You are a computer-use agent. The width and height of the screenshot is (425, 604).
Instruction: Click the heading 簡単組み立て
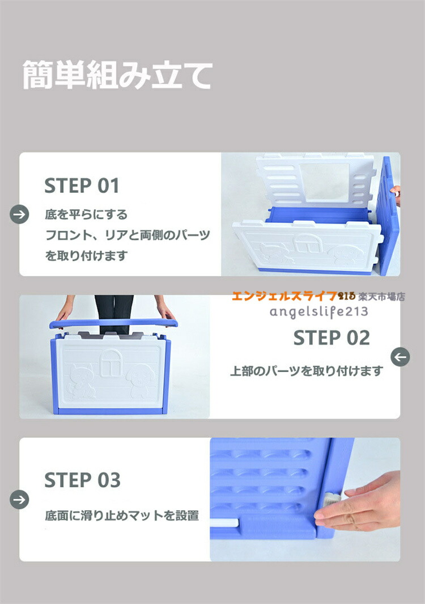click(x=117, y=75)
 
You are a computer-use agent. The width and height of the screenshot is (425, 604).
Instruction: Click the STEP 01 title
click(x=82, y=185)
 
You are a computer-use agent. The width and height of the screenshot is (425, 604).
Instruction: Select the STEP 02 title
click(x=331, y=338)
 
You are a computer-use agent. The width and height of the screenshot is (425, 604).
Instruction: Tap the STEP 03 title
click(x=82, y=480)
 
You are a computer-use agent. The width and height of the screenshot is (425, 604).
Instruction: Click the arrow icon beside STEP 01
click(x=19, y=214)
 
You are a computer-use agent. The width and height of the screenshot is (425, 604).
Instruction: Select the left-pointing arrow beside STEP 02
click(x=401, y=357)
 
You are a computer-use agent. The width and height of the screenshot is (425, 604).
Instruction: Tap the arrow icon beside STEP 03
click(x=19, y=500)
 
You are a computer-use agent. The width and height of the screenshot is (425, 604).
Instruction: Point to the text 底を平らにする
click(x=86, y=214)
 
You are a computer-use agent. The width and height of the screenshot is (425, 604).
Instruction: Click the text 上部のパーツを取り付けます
click(x=307, y=370)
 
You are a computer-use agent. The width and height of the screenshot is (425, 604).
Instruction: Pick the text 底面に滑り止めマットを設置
click(x=122, y=515)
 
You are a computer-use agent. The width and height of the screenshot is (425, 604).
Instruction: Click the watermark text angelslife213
click(x=318, y=311)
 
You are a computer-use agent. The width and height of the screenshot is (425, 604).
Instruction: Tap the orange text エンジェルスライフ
click(x=284, y=296)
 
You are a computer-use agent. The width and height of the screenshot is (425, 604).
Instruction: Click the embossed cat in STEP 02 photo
click(x=82, y=381)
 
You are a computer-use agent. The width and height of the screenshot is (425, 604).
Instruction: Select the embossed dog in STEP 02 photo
click(x=140, y=381)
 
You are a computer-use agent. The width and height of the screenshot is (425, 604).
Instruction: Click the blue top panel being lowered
click(x=113, y=323)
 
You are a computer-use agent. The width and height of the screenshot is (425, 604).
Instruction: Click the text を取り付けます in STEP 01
click(x=86, y=255)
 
